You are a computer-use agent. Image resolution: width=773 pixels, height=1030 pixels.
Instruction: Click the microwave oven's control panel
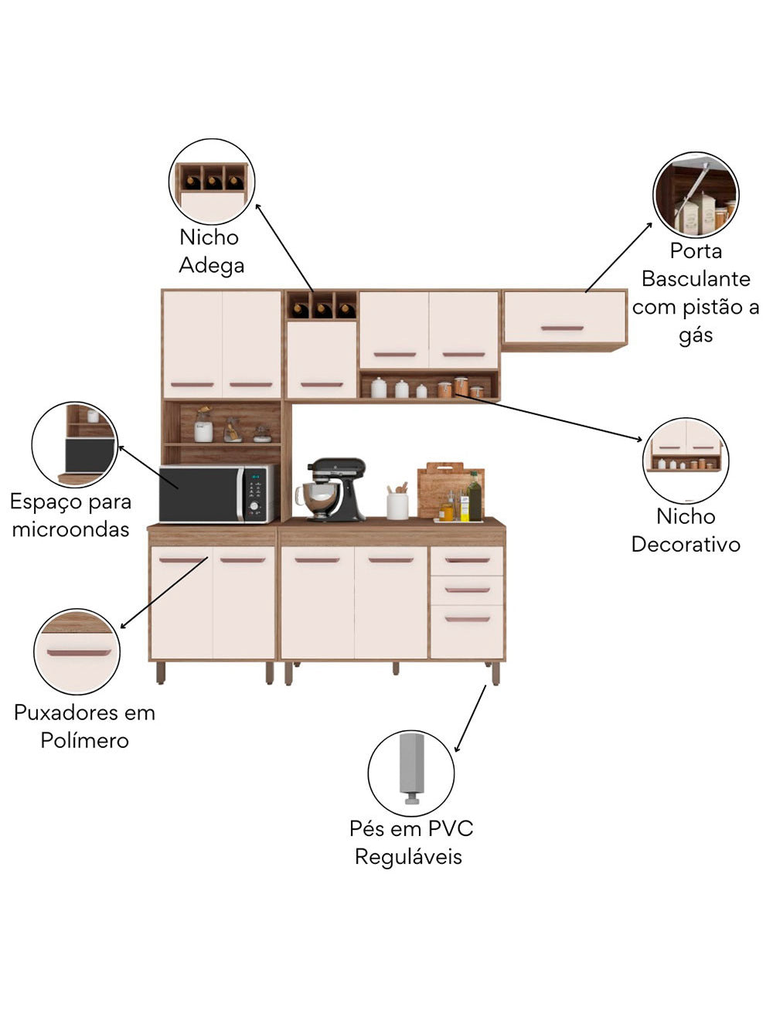[257, 493]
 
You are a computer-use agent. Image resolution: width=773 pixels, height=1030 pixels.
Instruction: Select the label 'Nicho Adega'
[211, 251]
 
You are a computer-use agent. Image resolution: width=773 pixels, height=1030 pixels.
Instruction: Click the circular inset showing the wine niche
[212, 182]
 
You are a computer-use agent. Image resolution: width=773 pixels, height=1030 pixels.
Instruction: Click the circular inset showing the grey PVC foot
[411, 772]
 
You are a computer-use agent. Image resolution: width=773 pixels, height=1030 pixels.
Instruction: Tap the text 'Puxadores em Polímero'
[84, 726]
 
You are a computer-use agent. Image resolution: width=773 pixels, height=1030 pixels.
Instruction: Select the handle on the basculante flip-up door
[562, 328]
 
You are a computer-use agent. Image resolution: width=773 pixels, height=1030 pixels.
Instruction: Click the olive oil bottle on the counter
[474, 498]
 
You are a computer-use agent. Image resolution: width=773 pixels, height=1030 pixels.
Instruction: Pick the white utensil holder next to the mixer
[397, 505]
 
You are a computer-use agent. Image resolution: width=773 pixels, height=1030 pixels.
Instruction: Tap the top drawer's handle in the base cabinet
[467, 560]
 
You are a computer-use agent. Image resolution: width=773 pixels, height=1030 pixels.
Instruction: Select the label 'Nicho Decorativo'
[686, 530]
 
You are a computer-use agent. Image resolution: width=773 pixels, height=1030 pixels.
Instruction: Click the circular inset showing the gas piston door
[696, 195]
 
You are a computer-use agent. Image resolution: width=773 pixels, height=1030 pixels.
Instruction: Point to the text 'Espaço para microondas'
[70, 515]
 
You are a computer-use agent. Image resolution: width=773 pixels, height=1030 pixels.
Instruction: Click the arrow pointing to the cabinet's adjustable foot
[471, 718]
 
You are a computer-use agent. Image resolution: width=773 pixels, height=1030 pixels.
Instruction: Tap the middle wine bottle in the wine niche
[322, 309]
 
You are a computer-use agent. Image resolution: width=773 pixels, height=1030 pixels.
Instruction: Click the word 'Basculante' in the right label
[696, 279]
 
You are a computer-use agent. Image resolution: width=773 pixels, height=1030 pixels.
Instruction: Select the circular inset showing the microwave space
[75, 444]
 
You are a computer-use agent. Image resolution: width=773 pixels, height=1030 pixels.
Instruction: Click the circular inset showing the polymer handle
[77, 651]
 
